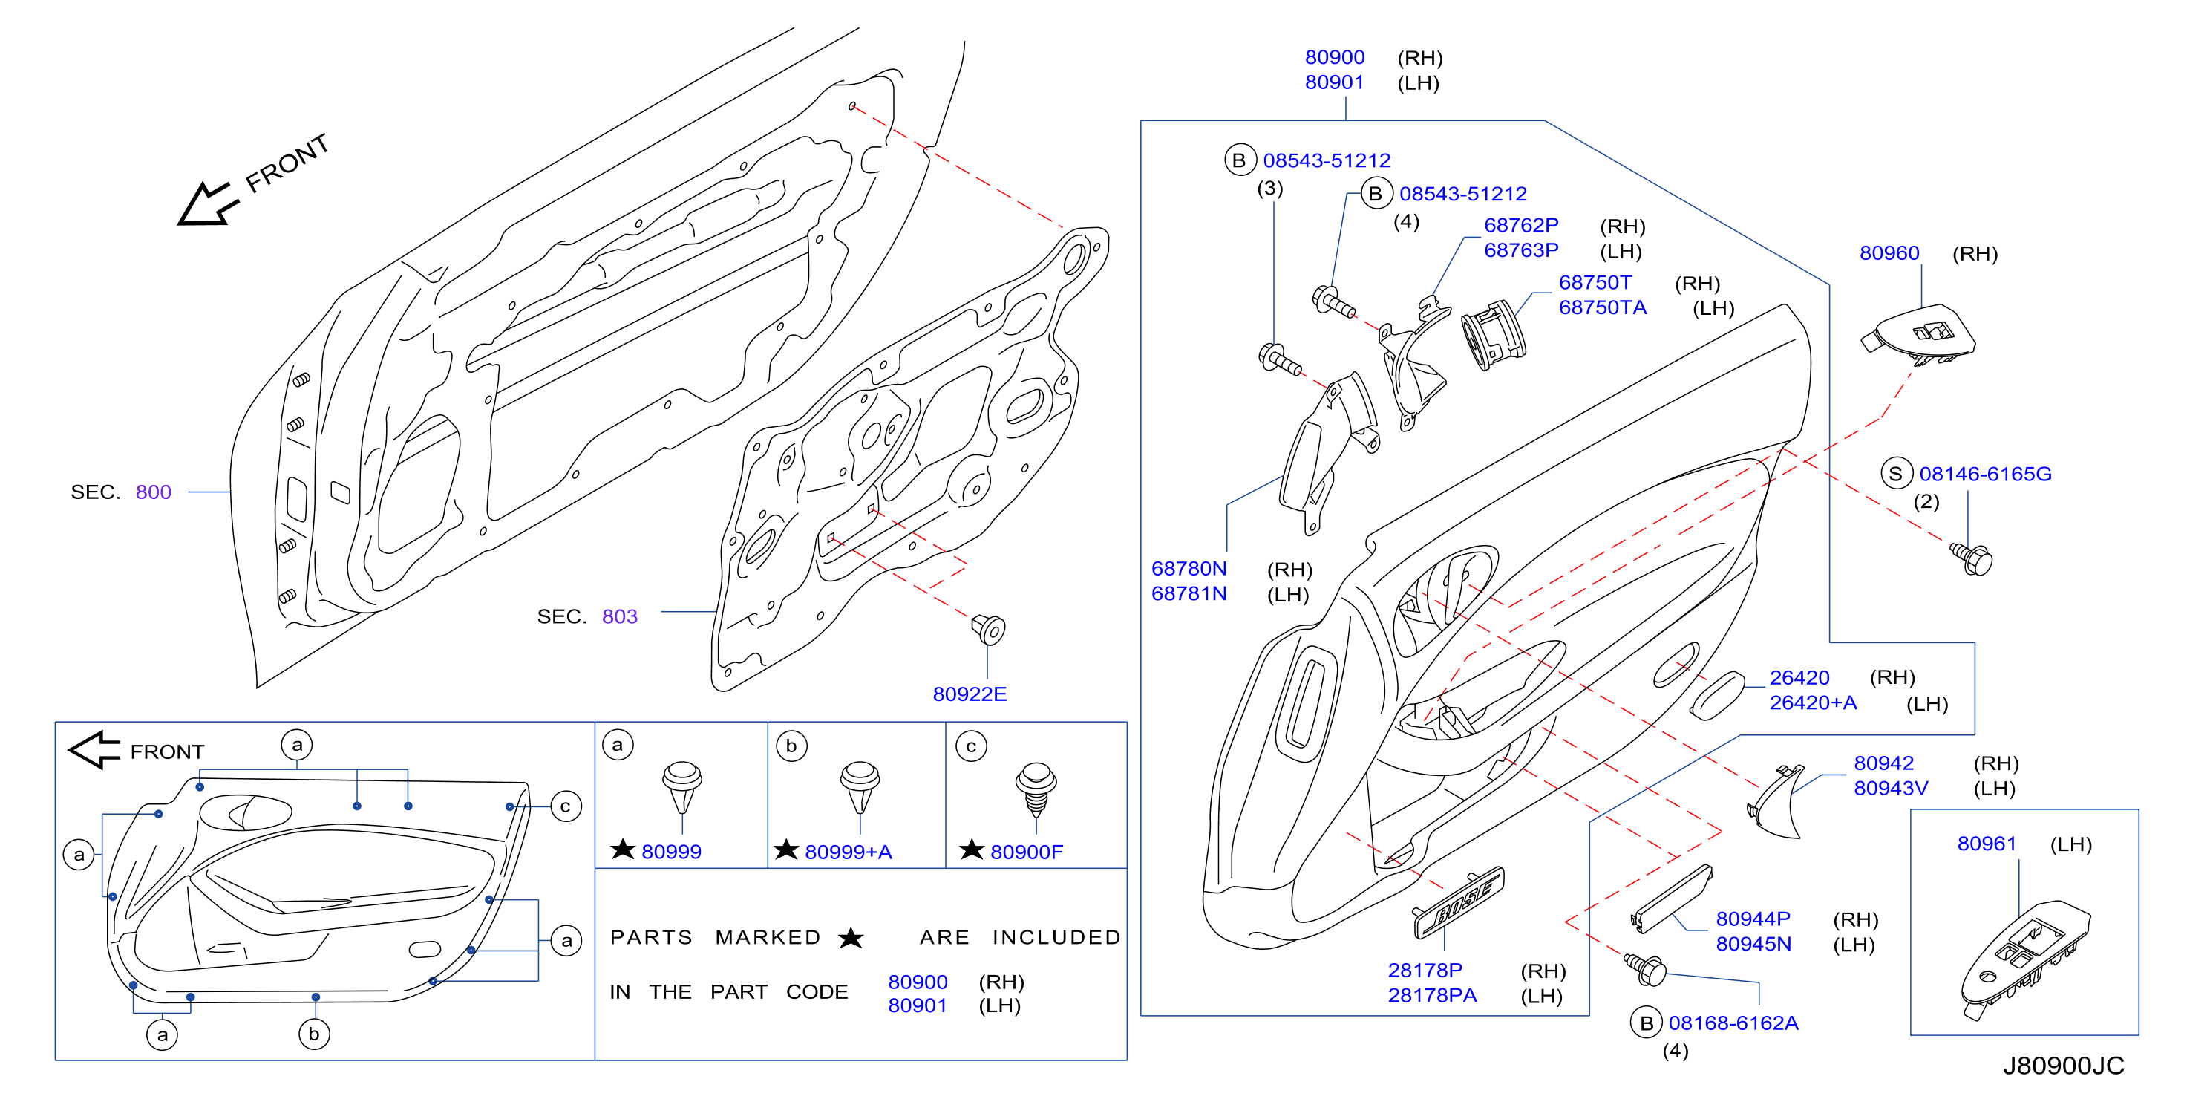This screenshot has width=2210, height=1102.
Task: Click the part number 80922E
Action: [x=970, y=694]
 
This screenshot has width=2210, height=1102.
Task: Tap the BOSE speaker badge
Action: [x=1459, y=902]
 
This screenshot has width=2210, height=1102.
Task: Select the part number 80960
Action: [x=1889, y=253]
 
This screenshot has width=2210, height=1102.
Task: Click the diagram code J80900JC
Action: [x=2063, y=1066]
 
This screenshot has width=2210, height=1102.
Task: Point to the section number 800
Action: [x=154, y=492]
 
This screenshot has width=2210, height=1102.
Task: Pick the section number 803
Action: [x=619, y=616]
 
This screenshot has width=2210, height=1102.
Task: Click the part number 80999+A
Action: [x=849, y=852]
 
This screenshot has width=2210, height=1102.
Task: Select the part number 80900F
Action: [x=1026, y=852]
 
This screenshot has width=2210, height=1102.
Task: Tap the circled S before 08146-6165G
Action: [x=1896, y=474]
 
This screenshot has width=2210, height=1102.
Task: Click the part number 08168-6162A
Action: [x=1733, y=1023]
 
